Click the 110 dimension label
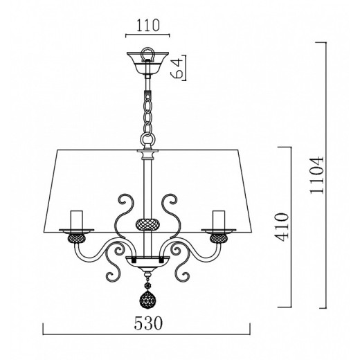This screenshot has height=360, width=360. point(148,25)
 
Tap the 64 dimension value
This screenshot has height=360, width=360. point(177,68)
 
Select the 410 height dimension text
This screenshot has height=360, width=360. point(282,227)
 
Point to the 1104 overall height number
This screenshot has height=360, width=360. point(317,175)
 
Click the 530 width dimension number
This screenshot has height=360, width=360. point(148,323)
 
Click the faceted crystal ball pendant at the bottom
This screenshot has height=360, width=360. point(147,300)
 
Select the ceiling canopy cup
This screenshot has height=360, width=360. point(147,62)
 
